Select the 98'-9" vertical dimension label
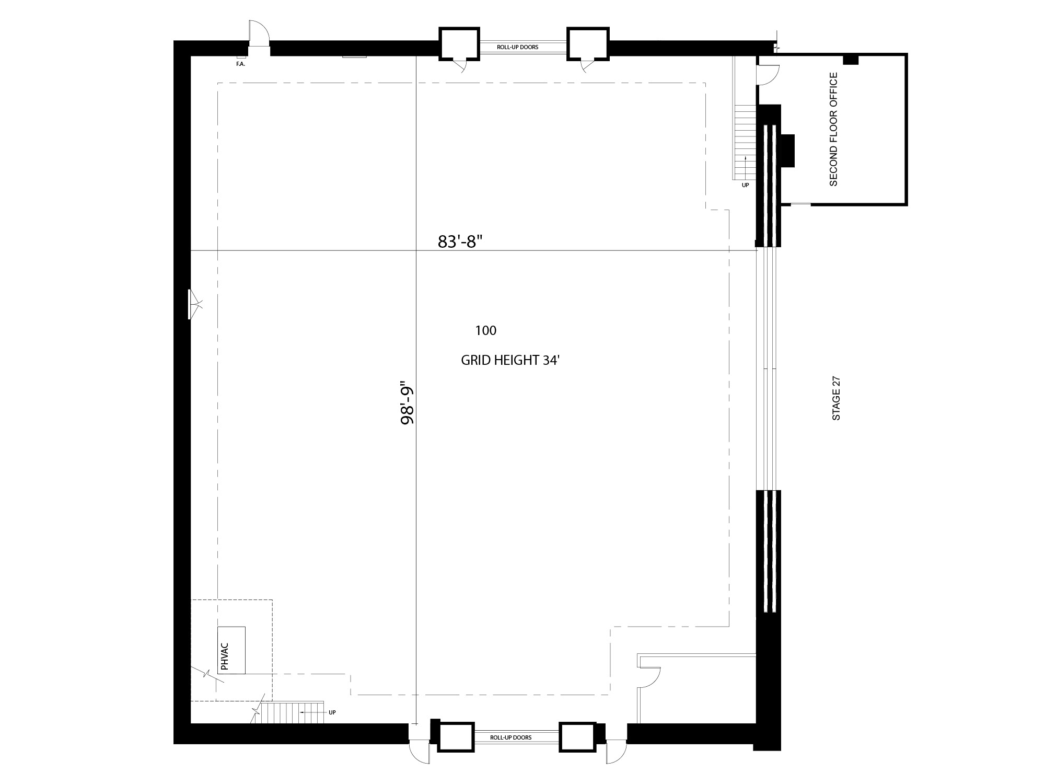[x=407, y=405]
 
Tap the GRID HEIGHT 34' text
[x=510, y=360]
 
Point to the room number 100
[x=486, y=330]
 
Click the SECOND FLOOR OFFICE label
[x=833, y=129]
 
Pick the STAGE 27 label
[x=836, y=398]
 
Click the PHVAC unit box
[x=231, y=650]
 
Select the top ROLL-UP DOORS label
[x=517, y=47]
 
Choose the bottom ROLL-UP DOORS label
[x=510, y=737]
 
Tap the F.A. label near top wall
[x=240, y=64]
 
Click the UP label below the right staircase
[x=746, y=185]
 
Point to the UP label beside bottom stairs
[x=332, y=712]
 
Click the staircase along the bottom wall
[x=292, y=713]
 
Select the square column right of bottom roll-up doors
[x=577, y=737]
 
